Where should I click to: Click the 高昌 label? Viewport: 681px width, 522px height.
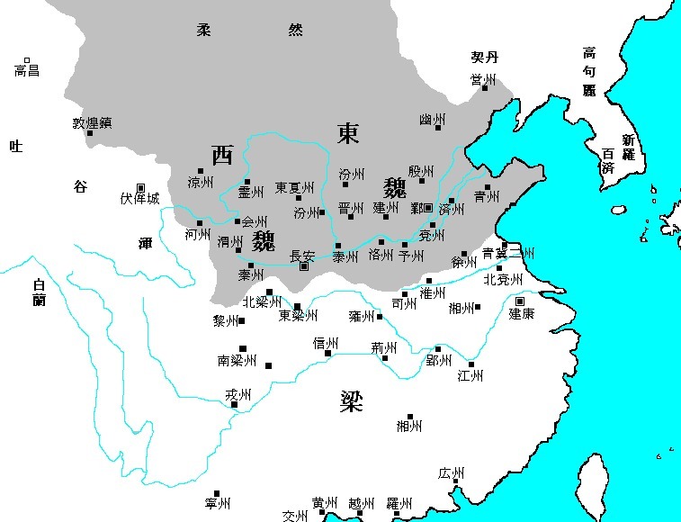pos(27,70)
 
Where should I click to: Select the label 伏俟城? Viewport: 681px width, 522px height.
pos(139,198)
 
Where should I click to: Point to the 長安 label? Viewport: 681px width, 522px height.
pos(302,256)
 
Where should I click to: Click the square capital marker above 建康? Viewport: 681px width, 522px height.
pos(520,301)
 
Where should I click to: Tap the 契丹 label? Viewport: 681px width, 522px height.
pos(484,57)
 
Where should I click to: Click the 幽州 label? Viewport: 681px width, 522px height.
pos(432,120)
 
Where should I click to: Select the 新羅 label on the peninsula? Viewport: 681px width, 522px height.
pos(627,147)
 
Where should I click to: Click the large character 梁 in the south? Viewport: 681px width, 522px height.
pos(351,400)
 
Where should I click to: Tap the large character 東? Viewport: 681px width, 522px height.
pos(348,133)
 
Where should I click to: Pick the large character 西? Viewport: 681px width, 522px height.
pos(221,156)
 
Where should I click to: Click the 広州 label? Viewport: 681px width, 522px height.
pos(451,473)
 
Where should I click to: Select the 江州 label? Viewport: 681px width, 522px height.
pos(470,375)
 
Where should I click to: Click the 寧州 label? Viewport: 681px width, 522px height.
pos(218,503)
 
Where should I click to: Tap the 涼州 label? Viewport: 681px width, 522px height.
pos(200,182)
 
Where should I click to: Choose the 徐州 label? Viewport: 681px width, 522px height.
pos(463,263)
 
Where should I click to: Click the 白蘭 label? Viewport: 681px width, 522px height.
pos(38,293)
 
